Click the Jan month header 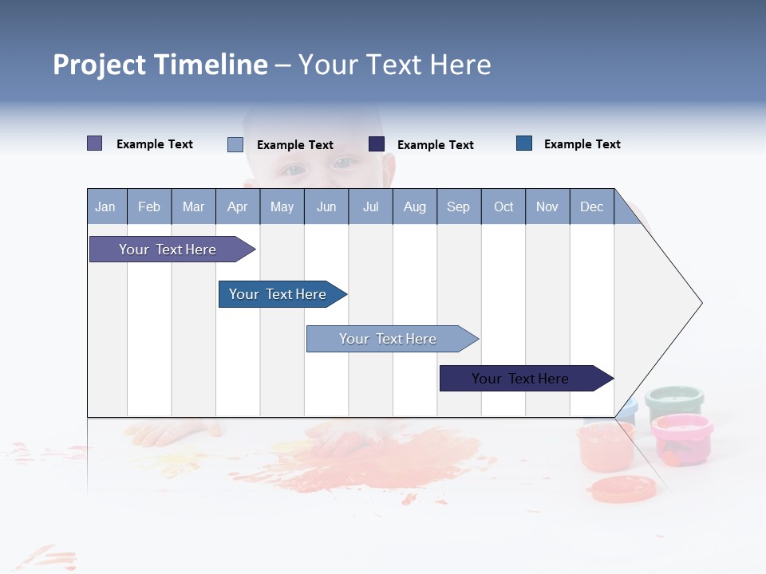tap(105, 206)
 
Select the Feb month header tap(149, 206)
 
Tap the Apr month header tap(237, 206)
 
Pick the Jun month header tap(326, 206)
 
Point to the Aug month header tap(415, 206)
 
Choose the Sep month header tap(458, 206)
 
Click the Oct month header tap(503, 206)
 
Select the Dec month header tap(591, 206)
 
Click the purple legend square tap(94, 143)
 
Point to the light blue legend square tap(235, 144)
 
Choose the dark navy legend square tap(377, 144)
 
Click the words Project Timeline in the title tap(160, 65)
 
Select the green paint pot tap(674, 401)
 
